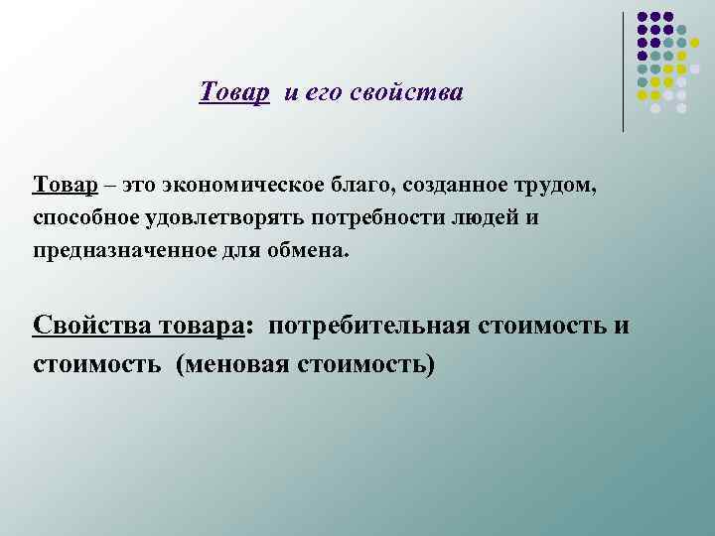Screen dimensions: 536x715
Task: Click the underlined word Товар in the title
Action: (x=233, y=93)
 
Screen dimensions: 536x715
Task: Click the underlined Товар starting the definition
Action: (x=65, y=186)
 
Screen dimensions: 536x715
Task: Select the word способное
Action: (x=86, y=217)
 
